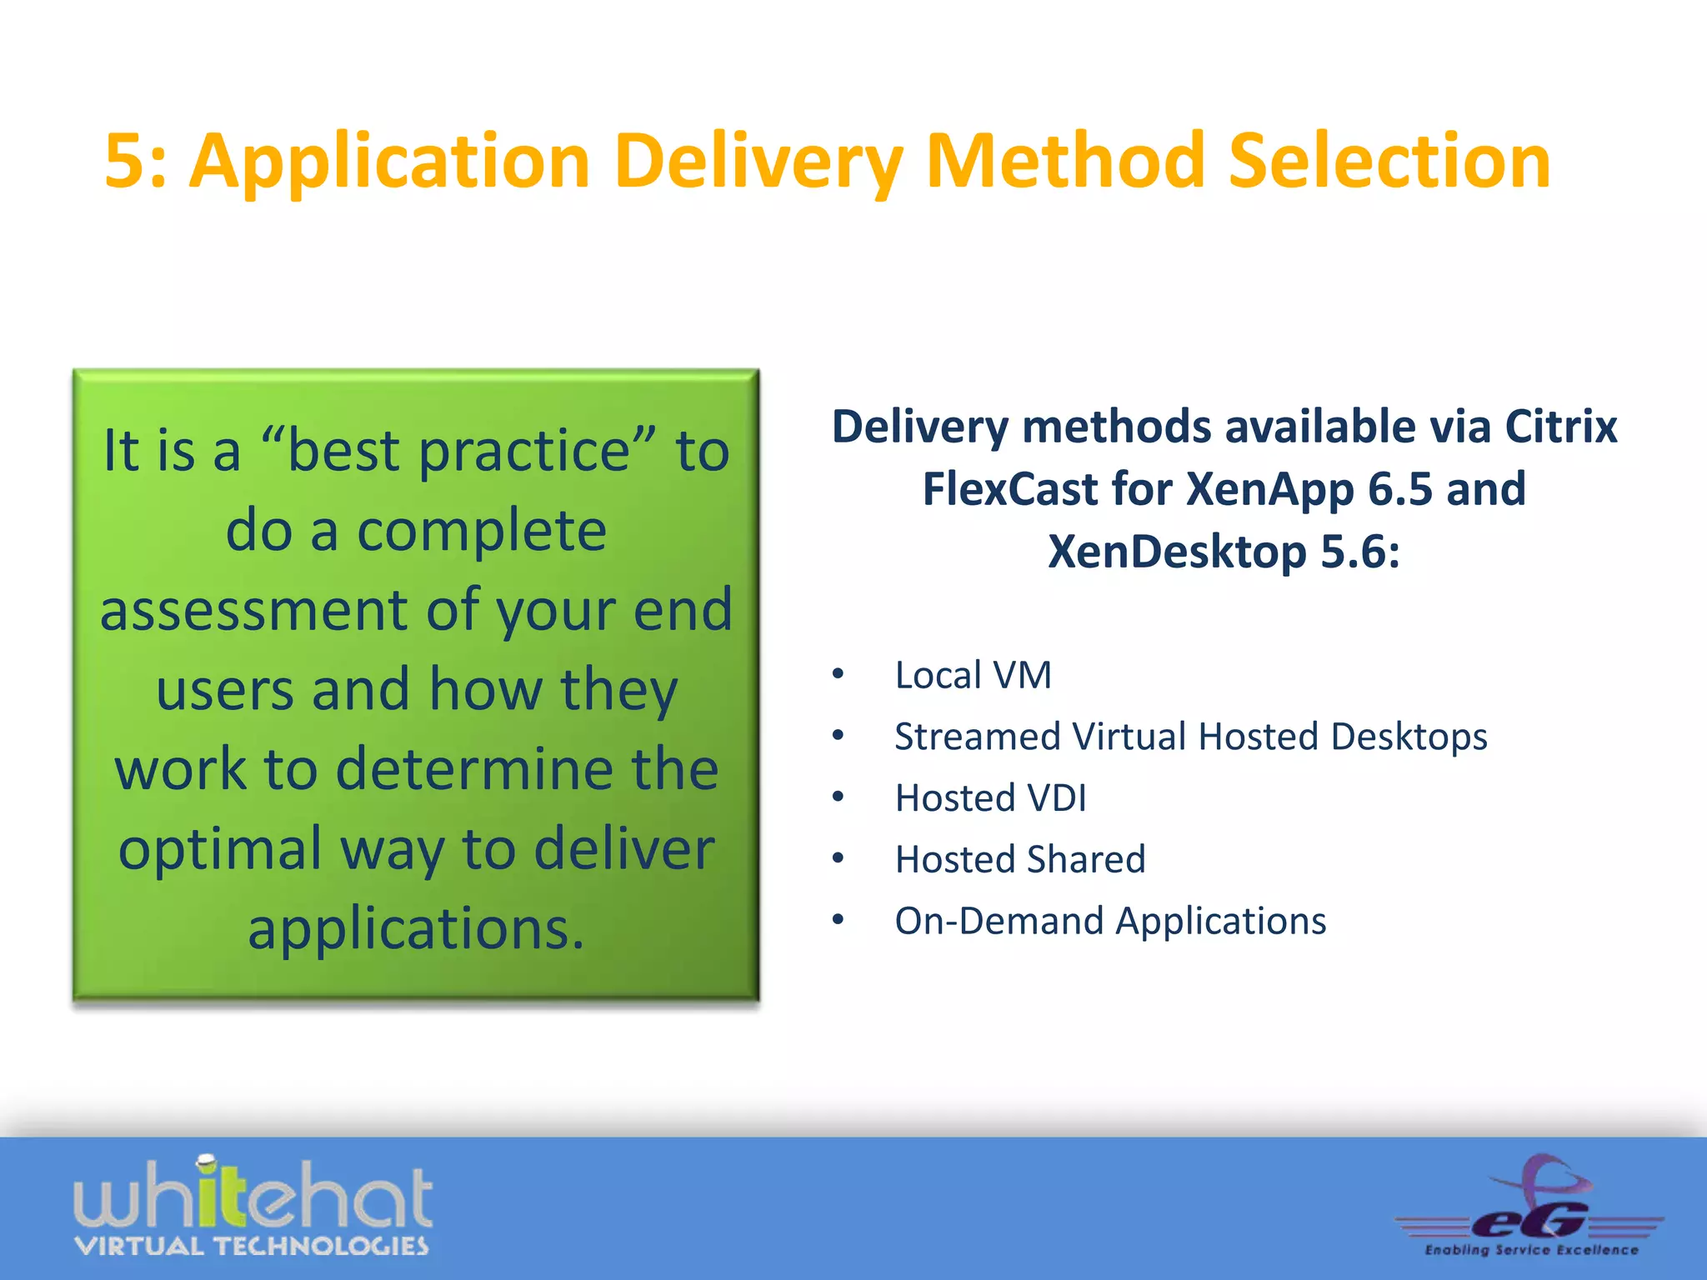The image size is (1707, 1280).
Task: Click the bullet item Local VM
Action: click(973, 675)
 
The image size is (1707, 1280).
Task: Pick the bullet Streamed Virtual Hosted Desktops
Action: click(1190, 737)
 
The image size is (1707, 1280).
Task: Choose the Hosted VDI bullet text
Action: click(990, 798)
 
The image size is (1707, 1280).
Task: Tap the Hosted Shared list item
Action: click(1020, 859)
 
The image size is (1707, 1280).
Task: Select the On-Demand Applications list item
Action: click(1110, 921)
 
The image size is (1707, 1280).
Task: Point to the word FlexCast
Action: click(1006, 489)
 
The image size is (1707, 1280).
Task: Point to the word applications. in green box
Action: click(416, 928)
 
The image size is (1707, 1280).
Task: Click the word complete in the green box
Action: click(481, 531)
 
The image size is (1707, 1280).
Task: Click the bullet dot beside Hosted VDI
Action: click(838, 798)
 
